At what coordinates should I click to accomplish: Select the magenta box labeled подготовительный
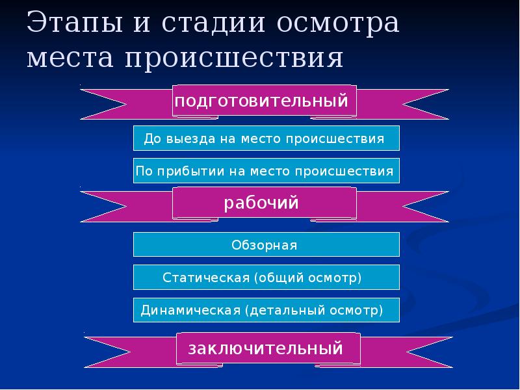coord(264,101)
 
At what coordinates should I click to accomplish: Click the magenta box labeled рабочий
coord(264,203)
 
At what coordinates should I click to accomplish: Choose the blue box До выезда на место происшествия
coord(266,138)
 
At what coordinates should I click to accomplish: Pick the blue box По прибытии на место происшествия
coord(266,171)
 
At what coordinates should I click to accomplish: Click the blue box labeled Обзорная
coord(266,245)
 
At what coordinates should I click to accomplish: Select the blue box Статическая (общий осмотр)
coord(266,278)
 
